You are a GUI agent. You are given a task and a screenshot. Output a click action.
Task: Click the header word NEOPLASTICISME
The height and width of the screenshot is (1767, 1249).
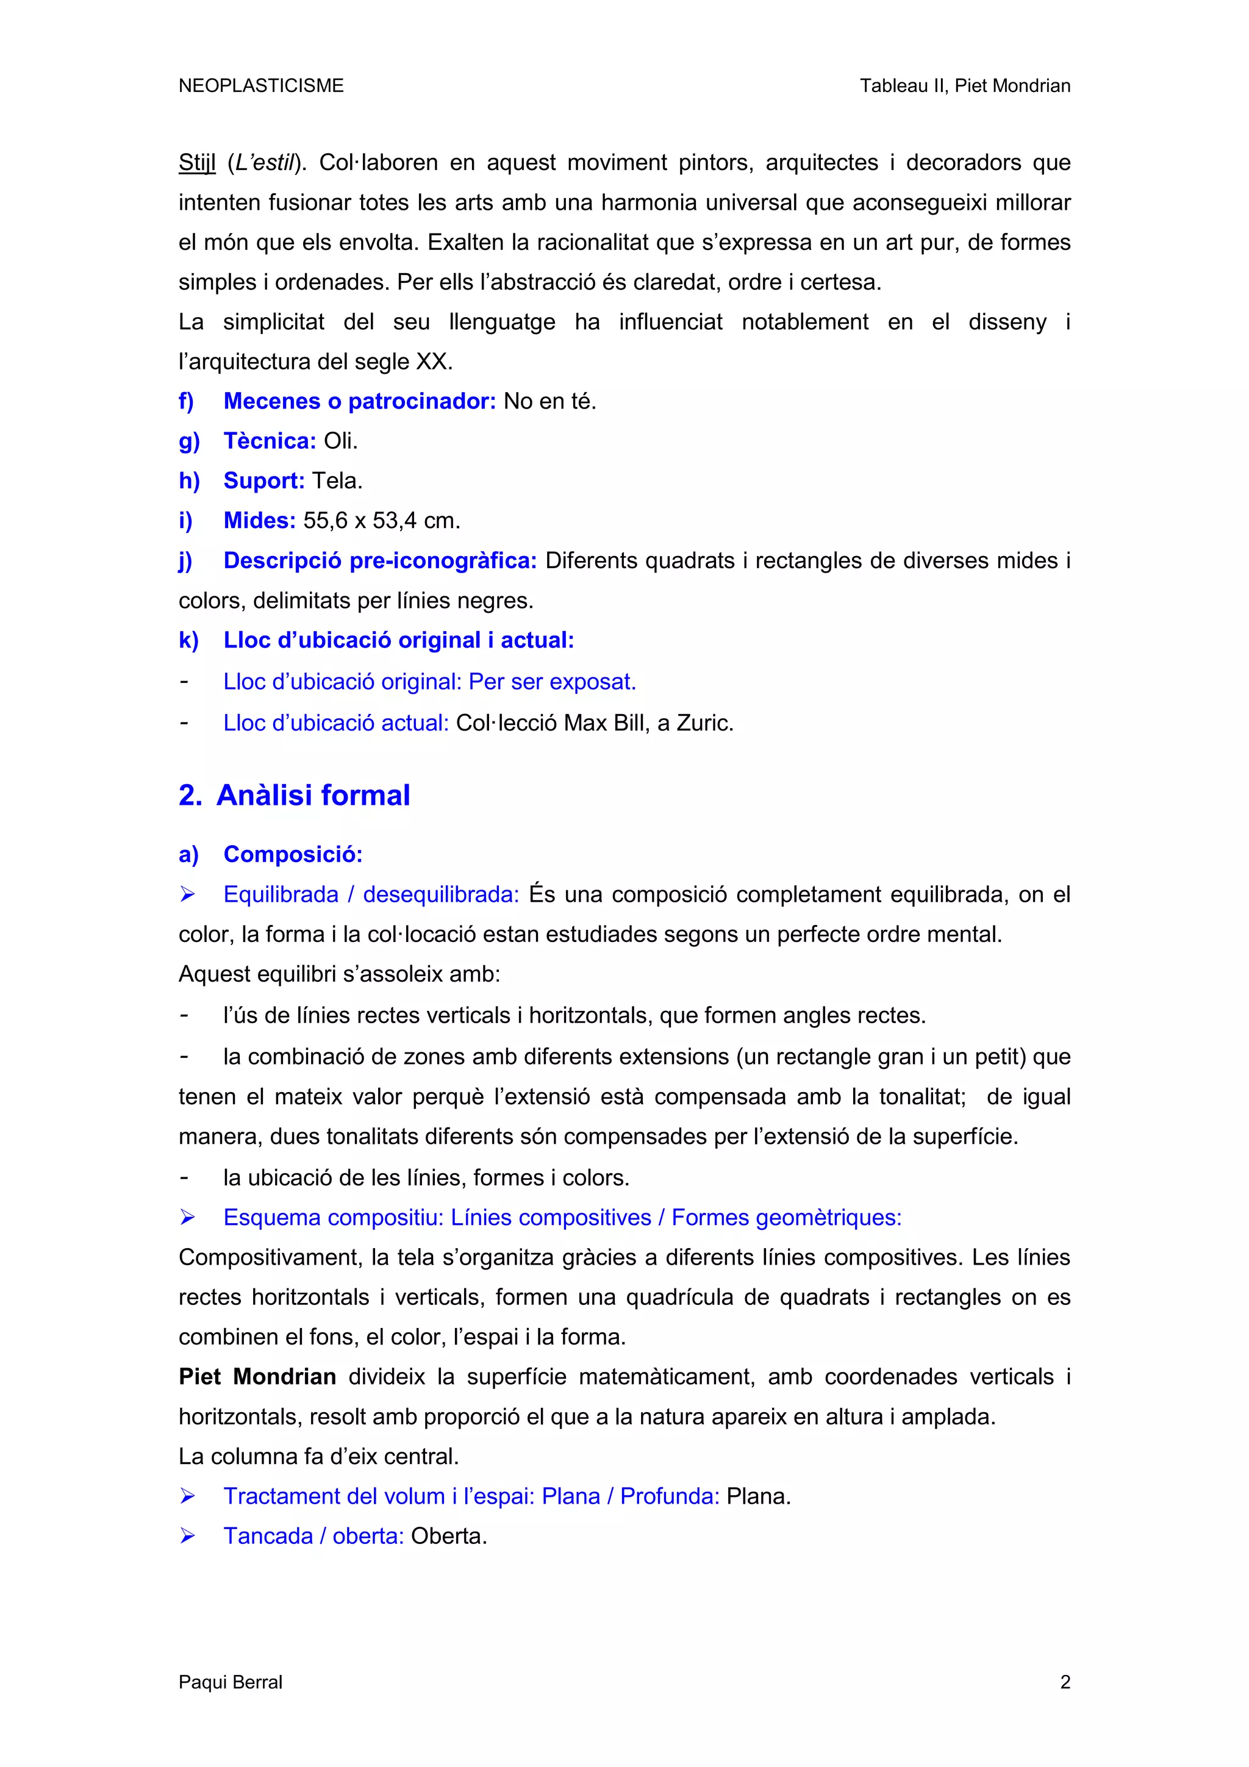click(x=261, y=85)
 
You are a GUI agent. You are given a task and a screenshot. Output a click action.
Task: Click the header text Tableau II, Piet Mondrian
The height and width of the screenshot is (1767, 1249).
click(x=964, y=85)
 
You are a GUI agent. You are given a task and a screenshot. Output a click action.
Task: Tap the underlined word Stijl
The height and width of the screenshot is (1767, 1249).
click(x=197, y=163)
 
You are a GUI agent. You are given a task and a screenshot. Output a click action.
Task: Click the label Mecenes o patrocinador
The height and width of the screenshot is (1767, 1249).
click(x=359, y=401)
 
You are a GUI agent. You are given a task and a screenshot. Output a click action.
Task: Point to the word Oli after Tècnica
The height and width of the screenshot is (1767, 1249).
click(x=340, y=441)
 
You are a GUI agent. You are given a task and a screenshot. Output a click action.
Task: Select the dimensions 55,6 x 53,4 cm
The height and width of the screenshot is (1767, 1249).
click(x=381, y=521)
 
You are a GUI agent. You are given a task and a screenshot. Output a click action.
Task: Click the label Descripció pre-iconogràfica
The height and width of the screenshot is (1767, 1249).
click(x=379, y=560)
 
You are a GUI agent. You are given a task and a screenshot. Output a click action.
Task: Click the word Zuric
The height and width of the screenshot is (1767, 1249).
click(x=704, y=723)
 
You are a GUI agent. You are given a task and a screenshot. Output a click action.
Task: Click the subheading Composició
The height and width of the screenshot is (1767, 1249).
click(x=293, y=854)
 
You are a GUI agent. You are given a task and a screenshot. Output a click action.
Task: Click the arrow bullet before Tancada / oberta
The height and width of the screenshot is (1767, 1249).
click(x=187, y=1536)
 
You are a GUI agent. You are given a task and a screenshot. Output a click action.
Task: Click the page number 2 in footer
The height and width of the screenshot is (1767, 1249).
click(x=1064, y=1682)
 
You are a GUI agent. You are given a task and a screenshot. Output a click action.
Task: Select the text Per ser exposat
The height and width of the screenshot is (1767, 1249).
click(x=552, y=682)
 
